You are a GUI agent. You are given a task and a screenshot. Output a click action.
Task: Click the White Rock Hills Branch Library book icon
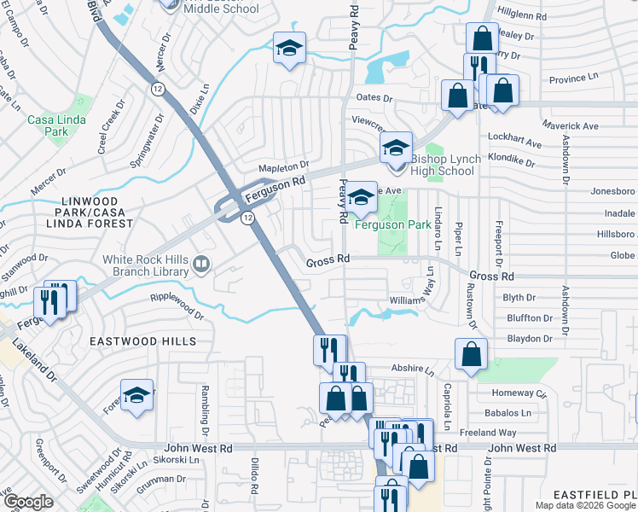tap(201, 265)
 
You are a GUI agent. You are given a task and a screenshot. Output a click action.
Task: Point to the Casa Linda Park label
tap(47, 126)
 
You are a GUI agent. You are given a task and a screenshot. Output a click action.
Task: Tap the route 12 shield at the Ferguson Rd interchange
tap(246, 218)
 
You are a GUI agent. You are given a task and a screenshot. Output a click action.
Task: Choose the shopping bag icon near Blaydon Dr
tap(471, 354)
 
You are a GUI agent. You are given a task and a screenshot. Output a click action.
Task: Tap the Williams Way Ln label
tap(414, 300)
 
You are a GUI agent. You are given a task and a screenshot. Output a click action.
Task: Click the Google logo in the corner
tap(29, 502)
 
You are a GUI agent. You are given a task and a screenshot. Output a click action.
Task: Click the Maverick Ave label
tap(519, 126)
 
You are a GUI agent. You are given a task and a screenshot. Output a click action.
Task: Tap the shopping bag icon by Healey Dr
tap(482, 38)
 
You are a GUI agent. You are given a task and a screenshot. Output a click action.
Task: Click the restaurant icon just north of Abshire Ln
tap(328, 349)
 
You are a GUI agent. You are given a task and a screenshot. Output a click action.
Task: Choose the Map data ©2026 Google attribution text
tap(585, 505)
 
